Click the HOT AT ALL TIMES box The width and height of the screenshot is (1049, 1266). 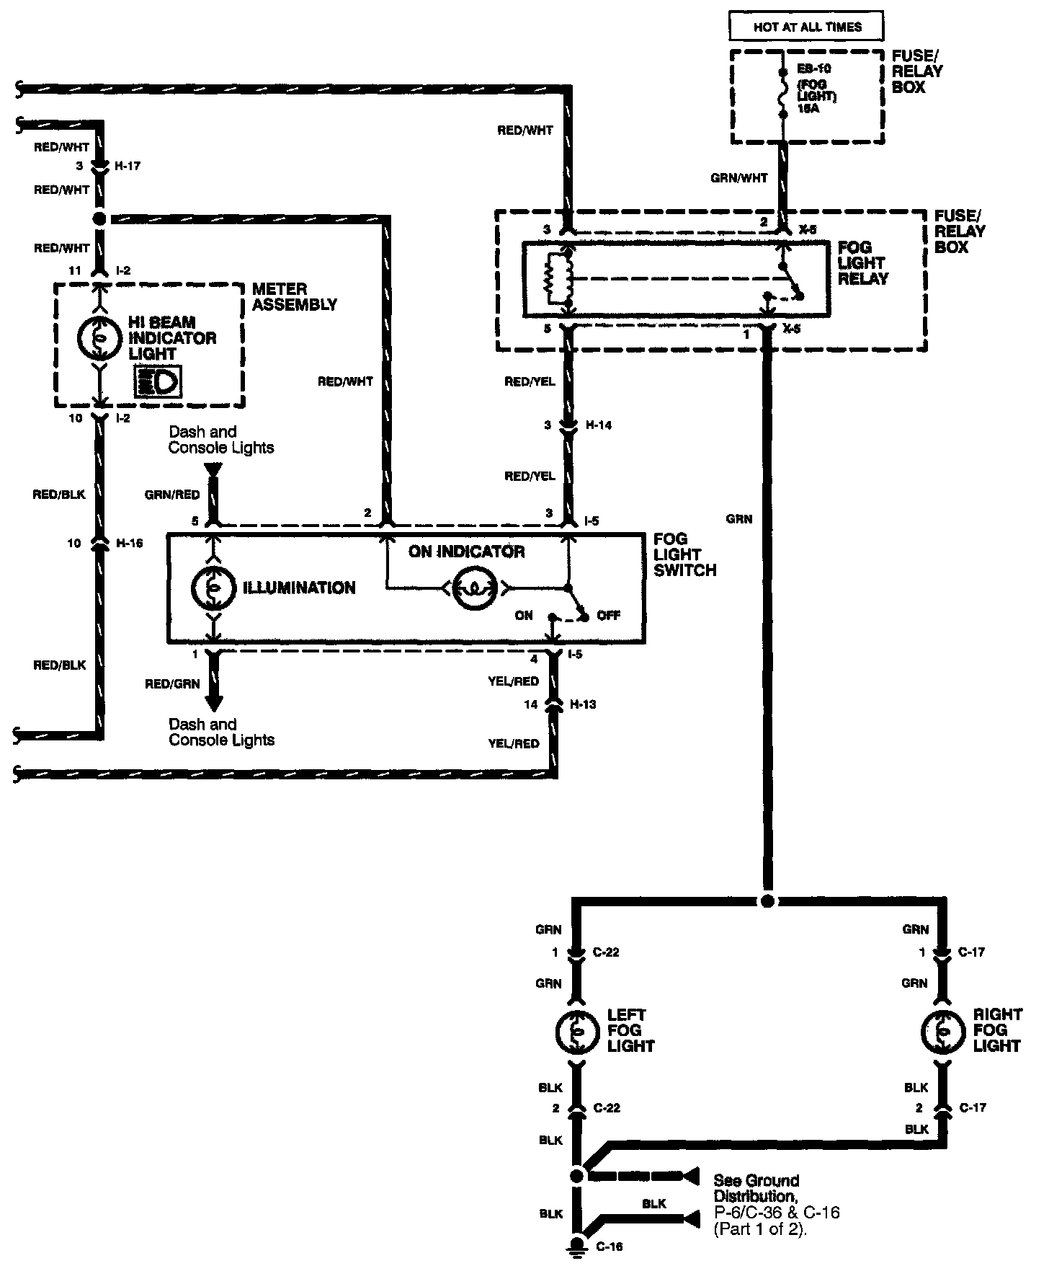coord(807,27)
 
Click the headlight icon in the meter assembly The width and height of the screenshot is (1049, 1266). coord(158,382)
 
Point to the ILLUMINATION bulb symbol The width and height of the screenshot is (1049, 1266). coord(213,588)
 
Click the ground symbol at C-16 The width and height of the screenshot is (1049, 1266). coord(576,1247)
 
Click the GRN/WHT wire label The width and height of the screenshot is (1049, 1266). coord(738,178)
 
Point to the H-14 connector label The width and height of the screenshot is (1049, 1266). coord(597,425)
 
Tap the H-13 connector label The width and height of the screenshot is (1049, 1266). coord(583,704)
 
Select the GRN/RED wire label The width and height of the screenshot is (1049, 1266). coord(172,495)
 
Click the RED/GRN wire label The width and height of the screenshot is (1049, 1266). coord(172,684)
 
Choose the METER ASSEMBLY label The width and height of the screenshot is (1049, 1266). coord(294,297)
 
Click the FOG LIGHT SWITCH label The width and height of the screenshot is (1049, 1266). coord(684,554)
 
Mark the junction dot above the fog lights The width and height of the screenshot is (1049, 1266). coord(767,901)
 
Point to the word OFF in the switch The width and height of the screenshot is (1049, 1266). coord(608,616)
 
